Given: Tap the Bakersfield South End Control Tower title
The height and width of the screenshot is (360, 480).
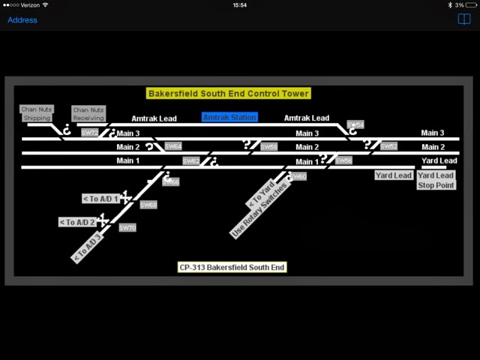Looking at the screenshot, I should (x=229, y=94).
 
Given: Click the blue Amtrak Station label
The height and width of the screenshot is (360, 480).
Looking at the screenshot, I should (x=229, y=117).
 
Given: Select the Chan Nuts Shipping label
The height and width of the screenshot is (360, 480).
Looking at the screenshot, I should (x=37, y=114).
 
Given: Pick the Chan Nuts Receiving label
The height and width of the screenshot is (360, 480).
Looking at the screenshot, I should (x=88, y=114).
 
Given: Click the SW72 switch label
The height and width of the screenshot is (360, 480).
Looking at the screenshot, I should (x=90, y=133).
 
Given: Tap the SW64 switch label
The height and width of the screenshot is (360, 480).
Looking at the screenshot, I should (x=172, y=146).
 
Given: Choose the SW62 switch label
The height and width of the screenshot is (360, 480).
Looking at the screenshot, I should (x=191, y=160).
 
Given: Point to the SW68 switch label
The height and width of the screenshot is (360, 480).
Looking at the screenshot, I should (x=148, y=205).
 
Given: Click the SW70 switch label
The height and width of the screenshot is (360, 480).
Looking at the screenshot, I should (x=127, y=227).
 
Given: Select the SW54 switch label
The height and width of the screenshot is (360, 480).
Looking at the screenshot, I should (x=355, y=124).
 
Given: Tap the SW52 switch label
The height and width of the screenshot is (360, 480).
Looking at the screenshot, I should (x=388, y=146).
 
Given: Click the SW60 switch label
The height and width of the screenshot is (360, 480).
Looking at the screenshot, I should (x=298, y=176).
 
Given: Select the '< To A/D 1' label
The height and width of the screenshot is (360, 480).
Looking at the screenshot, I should (x=100, y=199).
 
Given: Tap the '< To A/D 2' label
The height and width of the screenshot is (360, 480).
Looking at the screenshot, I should (x=77, y=222).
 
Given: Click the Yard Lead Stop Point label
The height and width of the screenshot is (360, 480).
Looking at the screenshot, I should (x=436, y=180).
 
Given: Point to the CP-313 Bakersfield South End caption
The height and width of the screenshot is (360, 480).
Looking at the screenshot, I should (x=232, y=267).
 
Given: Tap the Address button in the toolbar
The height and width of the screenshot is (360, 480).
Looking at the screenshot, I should (x=22, y=19).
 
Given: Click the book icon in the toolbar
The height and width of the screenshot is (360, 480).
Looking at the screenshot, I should (x=463, y=19).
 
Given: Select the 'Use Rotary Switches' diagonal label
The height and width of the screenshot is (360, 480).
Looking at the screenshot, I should (x=259, y=210).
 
